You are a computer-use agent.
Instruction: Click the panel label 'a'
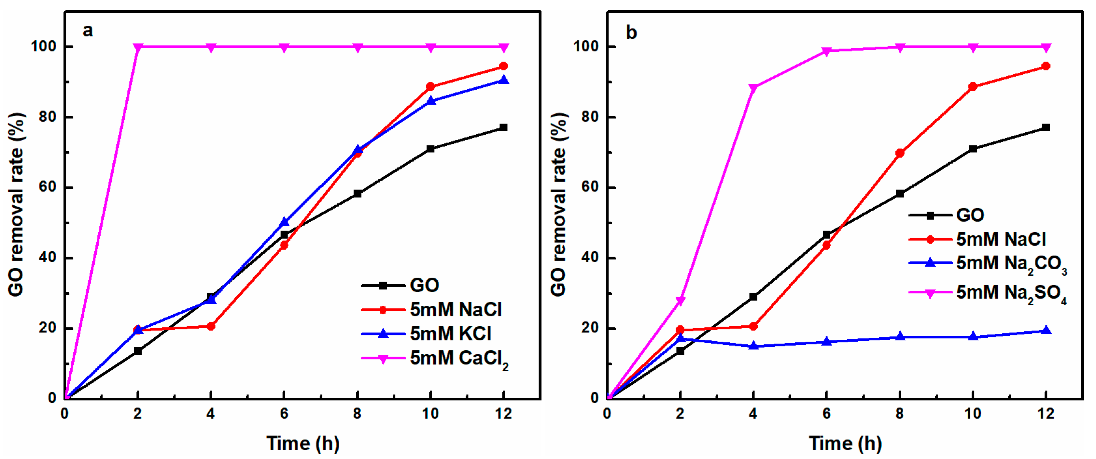click(88, 31)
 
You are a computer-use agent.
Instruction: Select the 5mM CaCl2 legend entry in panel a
click(457, 359)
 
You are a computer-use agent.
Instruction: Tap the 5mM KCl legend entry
click(449, 334)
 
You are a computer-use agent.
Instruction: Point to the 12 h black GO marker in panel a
click(503, 127)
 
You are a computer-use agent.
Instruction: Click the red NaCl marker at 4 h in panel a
click(211, 327)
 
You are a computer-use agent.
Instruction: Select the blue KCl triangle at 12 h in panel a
click(504, 80)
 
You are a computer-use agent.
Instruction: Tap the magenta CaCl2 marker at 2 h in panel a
click(137, 47)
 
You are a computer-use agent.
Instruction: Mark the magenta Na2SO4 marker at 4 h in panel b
click(753, 88)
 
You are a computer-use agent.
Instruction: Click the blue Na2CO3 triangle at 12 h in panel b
click(1046, 331)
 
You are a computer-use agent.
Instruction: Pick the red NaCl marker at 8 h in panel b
click(899, 153)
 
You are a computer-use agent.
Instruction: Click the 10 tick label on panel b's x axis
click(973, 413)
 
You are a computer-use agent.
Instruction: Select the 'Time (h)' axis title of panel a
click(303, 443)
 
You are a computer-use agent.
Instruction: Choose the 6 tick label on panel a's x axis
click(284, 413)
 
